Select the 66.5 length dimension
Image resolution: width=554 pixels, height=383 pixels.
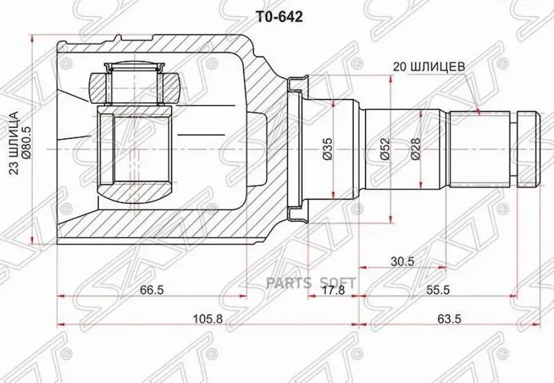click(x=151, y=291)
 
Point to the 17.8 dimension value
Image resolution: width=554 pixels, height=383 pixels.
click(x=333, y=291)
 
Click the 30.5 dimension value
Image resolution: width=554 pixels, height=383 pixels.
click(x=403, y=261)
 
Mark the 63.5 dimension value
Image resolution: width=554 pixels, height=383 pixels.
click(x=449, y=318)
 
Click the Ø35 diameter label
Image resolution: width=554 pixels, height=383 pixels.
click(x=328, y=148)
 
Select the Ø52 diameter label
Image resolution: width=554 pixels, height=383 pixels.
click(x=385, y=148)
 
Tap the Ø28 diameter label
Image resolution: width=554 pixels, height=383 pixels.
click(x=415, y=148)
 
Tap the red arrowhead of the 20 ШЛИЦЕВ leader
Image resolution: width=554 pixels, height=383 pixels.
click(x=478, y=111)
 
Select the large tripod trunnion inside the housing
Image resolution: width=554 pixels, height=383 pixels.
click(x=135, y=149)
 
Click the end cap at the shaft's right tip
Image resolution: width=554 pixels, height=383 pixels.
click(x=528, y=148)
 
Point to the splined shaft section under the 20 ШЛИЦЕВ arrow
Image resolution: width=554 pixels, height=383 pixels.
click(x=480, y=148)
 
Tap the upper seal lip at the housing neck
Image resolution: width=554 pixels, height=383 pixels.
click(x=297, y=83)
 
